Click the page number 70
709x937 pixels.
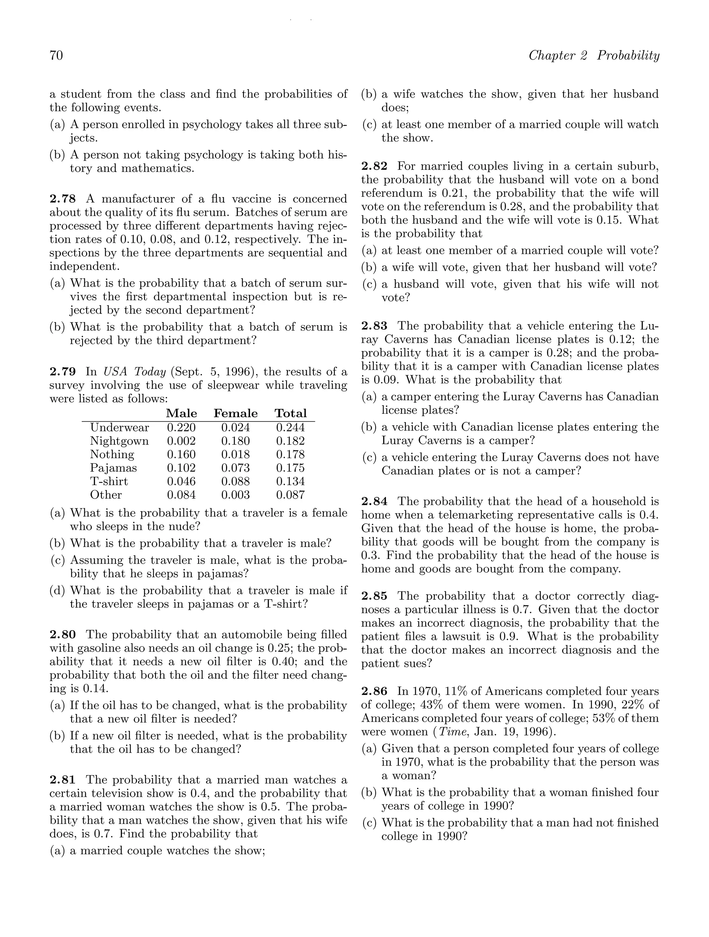[x=56, y=55]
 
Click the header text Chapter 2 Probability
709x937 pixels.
[x=594, y=55]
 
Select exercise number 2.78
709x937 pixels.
[x=63, y=199]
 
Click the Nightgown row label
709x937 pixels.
[x=119, y=441]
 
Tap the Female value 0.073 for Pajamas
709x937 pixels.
[x=235, y=468]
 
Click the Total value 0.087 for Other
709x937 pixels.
[x=290, y=495]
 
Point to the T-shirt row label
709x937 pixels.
[x=109, y=482]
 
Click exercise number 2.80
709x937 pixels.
[x=63, y=635]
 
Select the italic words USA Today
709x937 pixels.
[x=134, y=372]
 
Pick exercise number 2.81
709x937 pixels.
[x=63, y=780]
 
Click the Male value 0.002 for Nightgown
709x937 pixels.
[x=181, y=441]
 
